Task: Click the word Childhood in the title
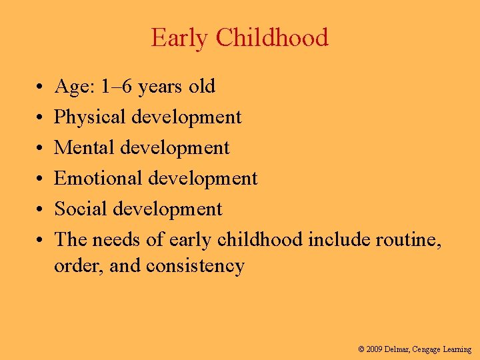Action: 271,37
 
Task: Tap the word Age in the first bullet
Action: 69,87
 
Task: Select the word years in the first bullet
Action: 160,87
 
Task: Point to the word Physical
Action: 90,117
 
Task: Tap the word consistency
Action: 195,266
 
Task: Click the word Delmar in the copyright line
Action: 399,349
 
